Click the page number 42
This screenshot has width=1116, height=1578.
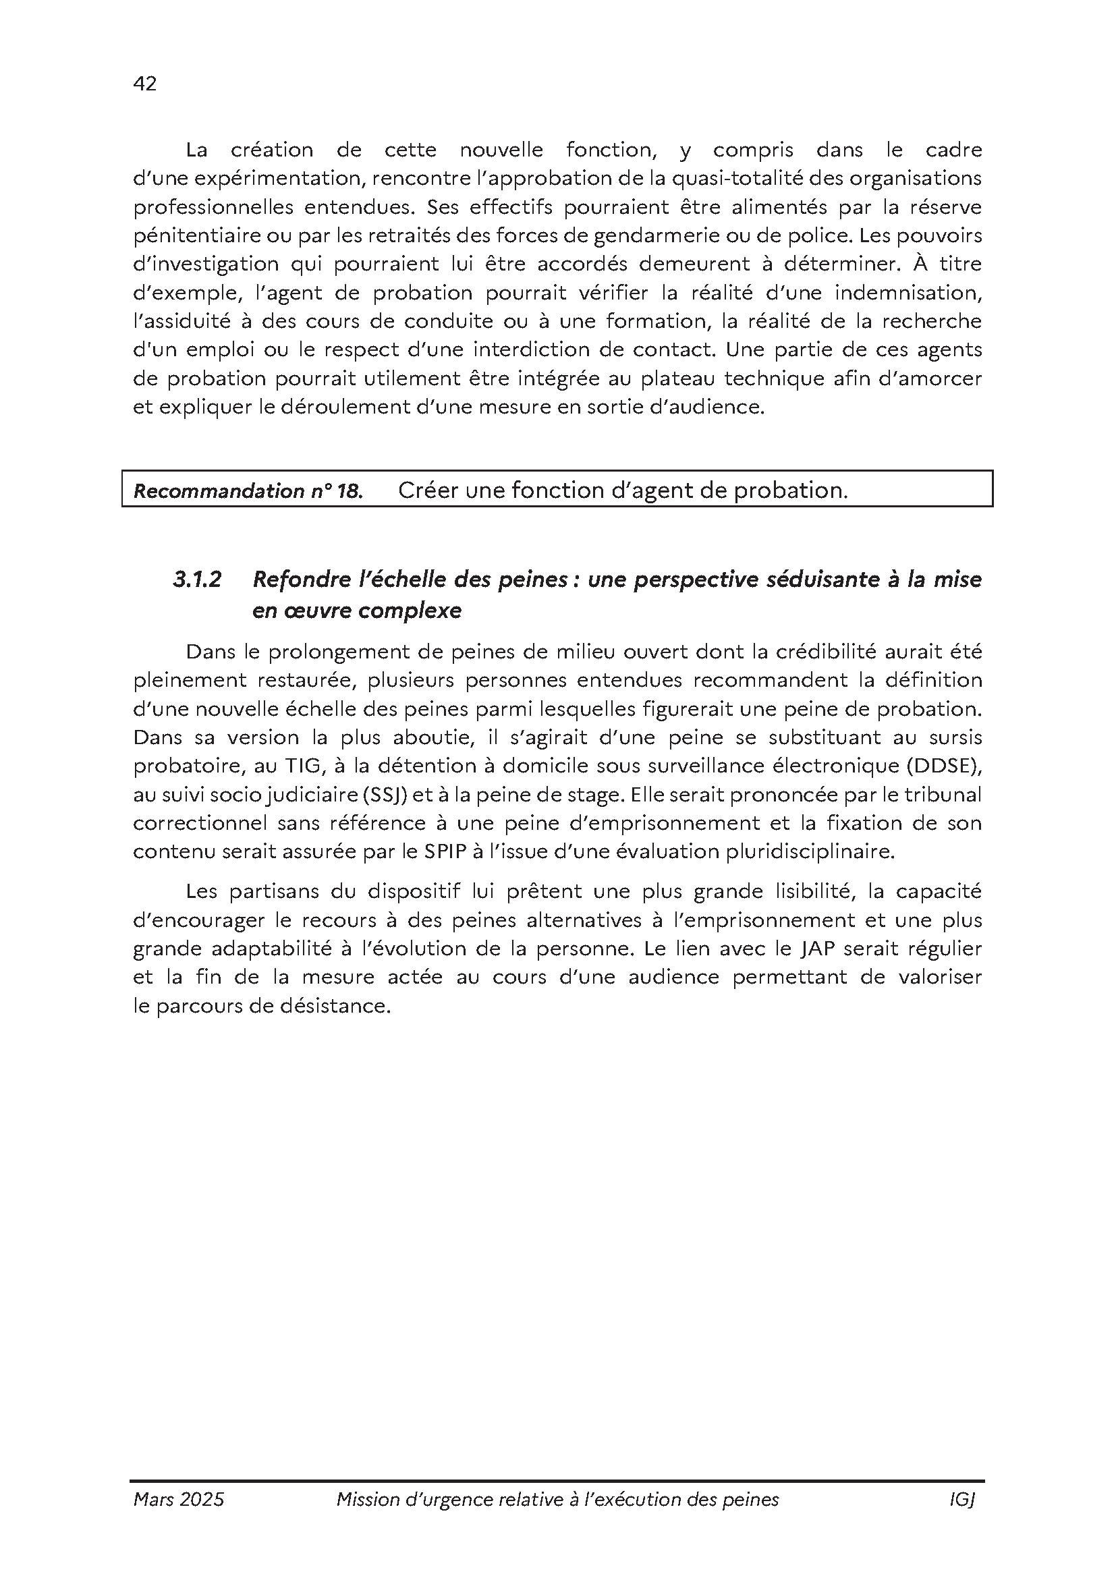coord(145,84)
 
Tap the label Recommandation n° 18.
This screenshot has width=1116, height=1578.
coord(248,490)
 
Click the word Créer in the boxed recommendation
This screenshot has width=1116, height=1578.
coord(427,490)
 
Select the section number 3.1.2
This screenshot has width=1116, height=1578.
coord(197,580)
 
